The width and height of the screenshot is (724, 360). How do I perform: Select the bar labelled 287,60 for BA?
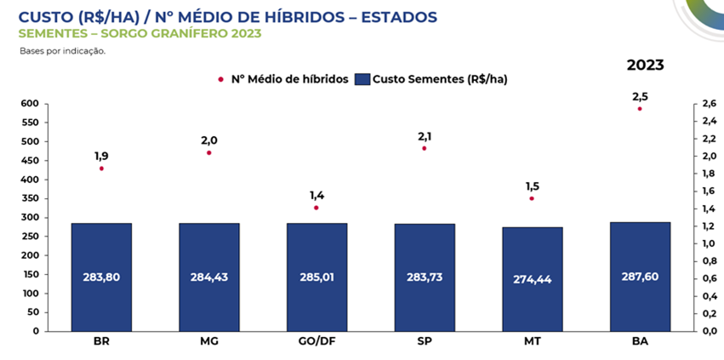(640, 276)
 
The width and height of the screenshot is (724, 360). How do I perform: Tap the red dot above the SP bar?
(424, 148)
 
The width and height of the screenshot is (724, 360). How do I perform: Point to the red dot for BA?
(640, 109)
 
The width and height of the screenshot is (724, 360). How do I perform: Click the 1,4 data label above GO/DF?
(316, 195)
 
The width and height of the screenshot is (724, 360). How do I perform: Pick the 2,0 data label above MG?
(208, 140)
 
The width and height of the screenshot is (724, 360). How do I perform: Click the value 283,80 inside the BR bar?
(101, 277)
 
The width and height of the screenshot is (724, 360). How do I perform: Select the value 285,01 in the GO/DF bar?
(316, 277)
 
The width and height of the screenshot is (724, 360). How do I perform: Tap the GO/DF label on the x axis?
(316, 342)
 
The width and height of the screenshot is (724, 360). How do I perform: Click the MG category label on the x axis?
(208, 342)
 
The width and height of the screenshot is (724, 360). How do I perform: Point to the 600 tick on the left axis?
(31, 104)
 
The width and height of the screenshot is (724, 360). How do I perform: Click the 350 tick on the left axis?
(31, 198)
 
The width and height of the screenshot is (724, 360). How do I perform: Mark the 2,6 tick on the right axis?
(706, 104)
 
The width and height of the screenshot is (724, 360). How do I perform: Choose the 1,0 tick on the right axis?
(706, 243)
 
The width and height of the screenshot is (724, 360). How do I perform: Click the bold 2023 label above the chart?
(645, 65)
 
